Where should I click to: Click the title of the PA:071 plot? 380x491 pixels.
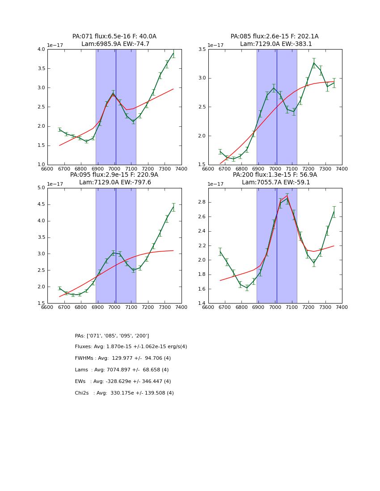click(114, 37)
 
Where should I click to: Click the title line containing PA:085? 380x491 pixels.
click(274, 37)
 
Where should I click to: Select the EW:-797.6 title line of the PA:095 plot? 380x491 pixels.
click(115, 183)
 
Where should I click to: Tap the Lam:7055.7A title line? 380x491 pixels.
click(275, 183)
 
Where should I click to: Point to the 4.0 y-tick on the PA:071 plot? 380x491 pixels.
click(41, 50)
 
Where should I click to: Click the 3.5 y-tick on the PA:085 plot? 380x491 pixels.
click(202, 50)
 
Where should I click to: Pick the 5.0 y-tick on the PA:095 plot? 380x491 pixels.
click(41, 188)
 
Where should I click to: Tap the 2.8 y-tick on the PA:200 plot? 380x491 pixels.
click(202, 202)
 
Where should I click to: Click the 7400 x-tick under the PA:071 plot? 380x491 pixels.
click(182, 169)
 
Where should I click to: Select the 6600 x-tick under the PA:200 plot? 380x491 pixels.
click(208, 308)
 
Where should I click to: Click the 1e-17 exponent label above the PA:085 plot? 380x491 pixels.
click(215, 45)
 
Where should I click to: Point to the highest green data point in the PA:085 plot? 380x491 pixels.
click(314, 63)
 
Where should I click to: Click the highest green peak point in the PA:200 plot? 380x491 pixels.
click(287, 199)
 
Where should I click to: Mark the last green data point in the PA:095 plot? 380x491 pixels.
click(173, 207)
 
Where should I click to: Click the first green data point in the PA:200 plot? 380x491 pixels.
click(220, 252)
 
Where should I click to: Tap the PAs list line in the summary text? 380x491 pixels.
click(112, 336)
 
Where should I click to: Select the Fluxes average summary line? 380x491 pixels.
click(131, 347)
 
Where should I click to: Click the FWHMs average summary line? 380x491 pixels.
click(122, 358)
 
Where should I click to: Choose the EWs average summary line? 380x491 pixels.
click(122, 382)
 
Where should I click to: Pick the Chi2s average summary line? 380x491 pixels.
click(124, 393)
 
